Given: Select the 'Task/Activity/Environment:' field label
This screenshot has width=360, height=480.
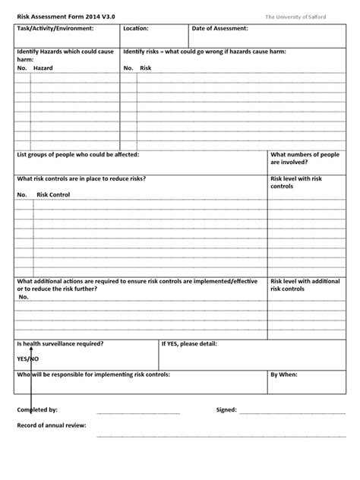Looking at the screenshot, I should tap(55, 29).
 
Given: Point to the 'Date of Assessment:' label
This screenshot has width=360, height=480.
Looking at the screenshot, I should tap(219, 29).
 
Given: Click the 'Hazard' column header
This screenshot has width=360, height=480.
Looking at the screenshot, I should tap(43, 68).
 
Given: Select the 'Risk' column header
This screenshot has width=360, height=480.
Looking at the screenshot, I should tap(146, 68).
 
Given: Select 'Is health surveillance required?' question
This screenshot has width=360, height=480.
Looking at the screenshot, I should tap(61, 344).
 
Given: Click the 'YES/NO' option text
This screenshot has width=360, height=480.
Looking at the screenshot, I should tap(27, 358).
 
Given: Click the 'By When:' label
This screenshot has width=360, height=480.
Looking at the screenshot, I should tap(284, 374).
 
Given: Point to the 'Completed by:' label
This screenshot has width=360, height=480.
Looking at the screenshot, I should tap(37, 409).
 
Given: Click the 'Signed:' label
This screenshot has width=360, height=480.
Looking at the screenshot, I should tap(226, 409).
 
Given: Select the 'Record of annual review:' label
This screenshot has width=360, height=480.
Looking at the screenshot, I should tap(52, 425).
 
